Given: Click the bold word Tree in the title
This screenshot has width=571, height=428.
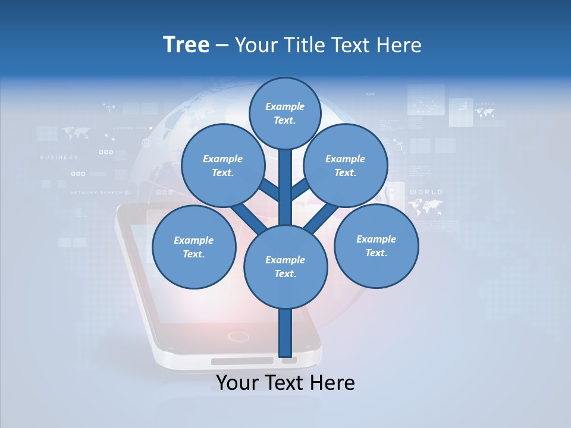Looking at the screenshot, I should (186, 45).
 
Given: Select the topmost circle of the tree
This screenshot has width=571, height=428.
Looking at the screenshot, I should (285, 113).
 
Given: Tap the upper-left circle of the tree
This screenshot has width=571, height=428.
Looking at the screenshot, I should (223, 165).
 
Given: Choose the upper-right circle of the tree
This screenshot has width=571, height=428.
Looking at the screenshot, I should (346, 165).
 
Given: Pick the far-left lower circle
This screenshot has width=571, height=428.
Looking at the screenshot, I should (194, 247).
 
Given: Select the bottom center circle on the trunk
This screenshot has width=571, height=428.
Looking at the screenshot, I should (285, 266).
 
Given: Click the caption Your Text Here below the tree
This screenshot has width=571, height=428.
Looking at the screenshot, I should (285, 383).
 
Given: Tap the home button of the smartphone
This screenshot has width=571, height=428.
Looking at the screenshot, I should (239, 336).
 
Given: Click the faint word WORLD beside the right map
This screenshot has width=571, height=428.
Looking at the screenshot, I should (426, 192).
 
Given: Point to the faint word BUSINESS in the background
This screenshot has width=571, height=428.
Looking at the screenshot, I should (59, 158).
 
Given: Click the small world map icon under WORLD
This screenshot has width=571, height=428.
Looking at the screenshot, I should (426, 206).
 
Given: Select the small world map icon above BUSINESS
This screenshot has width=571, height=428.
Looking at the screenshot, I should (75, 133).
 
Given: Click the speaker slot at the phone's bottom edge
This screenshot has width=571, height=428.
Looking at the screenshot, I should (242, 361).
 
